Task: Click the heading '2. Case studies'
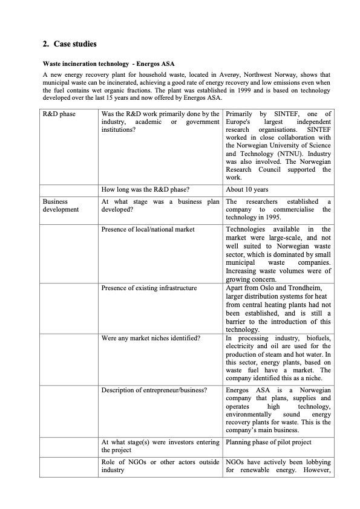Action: click(x=70, y=44)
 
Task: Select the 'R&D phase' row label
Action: click(x=59, y=114)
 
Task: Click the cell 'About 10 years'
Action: click(x=247, y=190)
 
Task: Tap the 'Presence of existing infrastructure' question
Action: click(x=149, y=288)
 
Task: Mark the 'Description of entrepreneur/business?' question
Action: click(x=154, y=390)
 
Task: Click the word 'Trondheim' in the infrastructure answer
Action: click(x=309, y=288)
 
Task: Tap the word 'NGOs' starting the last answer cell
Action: click(x=236, y=462)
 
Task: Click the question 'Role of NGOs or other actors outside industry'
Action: click(x=160, y=466)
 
